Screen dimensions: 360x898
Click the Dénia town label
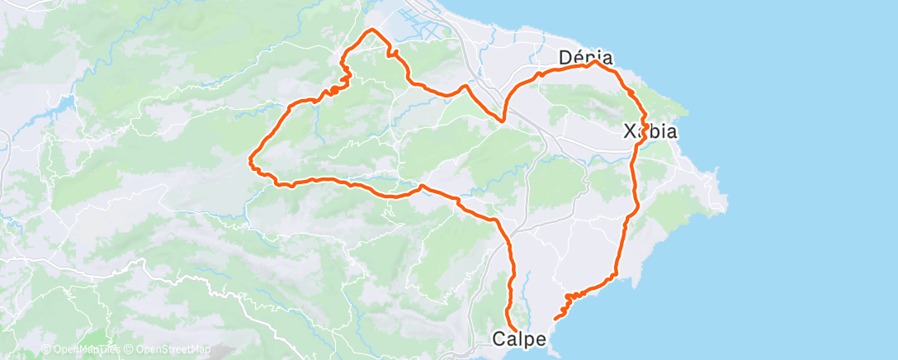(x=586, y=58)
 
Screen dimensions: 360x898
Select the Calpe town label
(x=518, y=339)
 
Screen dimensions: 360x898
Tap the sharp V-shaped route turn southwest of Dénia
(x=503, y=121)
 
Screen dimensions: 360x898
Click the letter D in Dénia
(x=566, y=58)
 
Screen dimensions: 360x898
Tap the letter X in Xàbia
(x=631, y=131)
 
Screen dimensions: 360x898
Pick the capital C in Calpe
(x=499, y=339)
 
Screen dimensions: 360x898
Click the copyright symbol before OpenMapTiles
(x=46, y=350)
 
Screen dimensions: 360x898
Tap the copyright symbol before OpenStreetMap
(x=130, y=350)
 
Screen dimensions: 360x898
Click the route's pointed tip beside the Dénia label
(x=593, y=63)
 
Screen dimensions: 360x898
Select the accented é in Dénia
(x=579, y=58)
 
